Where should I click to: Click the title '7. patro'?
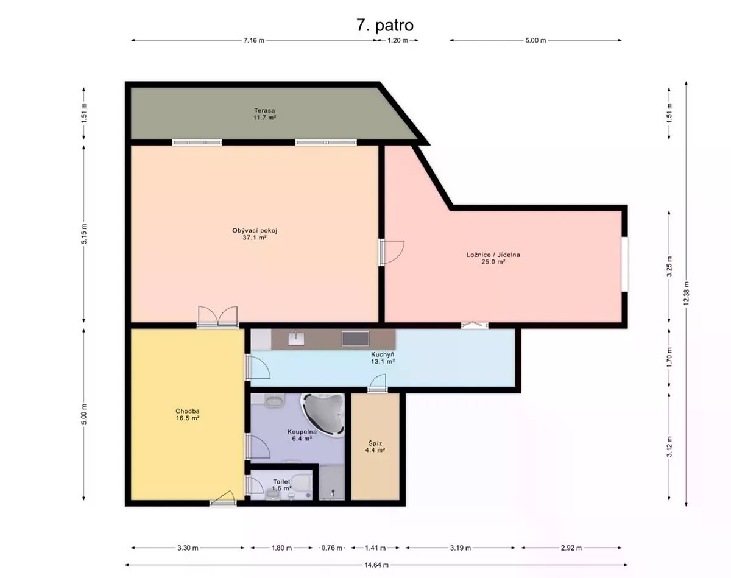385,26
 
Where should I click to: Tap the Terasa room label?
264,114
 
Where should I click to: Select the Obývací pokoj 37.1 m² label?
255,234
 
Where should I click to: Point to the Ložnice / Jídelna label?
493,258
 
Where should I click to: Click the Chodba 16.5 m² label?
188,414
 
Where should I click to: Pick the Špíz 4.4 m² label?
375,446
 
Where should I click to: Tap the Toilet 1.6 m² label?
281,485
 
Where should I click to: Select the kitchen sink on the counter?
296,338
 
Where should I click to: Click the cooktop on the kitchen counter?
355,338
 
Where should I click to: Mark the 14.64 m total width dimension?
376,565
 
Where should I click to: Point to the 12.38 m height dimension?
686,294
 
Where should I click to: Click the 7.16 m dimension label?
254,40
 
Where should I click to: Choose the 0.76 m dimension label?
331,548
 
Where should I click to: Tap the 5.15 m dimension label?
84,234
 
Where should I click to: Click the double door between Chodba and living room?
217,317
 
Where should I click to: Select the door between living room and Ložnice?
391,252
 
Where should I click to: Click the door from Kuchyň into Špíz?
378,382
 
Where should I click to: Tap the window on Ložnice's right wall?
624,264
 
